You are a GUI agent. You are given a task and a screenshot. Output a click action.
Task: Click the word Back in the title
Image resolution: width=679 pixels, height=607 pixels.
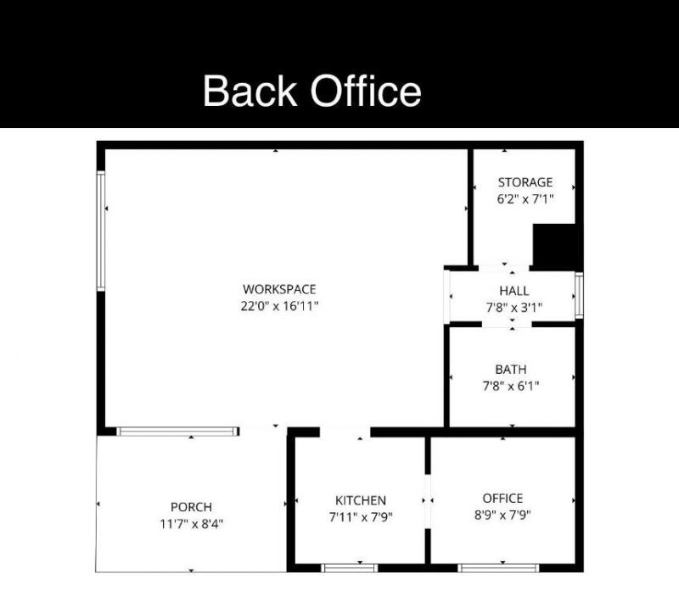(252, 91)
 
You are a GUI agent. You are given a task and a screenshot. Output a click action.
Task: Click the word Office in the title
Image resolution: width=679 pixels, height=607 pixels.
(365, 91)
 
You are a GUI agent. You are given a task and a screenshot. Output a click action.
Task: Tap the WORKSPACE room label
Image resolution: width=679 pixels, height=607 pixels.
(279, 289)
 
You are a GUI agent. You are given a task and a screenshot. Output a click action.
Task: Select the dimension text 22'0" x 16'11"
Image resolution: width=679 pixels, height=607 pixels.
(279, 306)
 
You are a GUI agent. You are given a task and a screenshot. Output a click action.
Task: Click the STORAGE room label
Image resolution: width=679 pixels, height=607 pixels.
(525, 182)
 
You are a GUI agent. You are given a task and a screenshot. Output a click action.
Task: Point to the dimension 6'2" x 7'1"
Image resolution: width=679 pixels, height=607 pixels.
(525, 199)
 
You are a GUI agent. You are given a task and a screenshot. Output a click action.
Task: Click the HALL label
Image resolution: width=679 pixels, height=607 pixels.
(513, 291)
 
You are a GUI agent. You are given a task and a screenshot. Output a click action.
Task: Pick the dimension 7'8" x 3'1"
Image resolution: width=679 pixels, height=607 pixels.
(513, 308)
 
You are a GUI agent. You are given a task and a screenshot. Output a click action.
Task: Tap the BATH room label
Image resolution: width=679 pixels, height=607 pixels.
(511, 369)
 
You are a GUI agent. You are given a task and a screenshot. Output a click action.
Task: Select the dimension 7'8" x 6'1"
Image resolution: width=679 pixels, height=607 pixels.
(511, 386)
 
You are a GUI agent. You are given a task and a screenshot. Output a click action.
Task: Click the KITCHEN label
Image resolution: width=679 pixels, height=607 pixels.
(361, 500)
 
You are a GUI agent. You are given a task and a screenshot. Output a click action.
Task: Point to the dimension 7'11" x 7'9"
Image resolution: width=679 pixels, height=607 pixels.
(361, 516)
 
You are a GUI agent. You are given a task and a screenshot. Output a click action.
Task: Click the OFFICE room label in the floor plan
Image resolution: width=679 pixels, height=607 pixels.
(502, 498)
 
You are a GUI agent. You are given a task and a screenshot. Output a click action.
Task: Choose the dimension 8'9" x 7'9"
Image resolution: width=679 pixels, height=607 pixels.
(502, 515)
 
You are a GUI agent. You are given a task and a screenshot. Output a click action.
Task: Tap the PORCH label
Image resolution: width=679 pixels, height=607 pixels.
(191, 507)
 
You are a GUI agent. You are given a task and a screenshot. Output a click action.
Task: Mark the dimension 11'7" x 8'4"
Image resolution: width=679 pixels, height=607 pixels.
(191, 524)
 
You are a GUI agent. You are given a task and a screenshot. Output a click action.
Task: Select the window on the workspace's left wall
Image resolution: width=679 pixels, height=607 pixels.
(101, 231)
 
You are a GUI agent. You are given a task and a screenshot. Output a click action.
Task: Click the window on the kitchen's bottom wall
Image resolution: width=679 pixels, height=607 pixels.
(349, 567)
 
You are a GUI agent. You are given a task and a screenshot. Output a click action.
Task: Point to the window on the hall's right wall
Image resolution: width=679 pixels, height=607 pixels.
(579, 295)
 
